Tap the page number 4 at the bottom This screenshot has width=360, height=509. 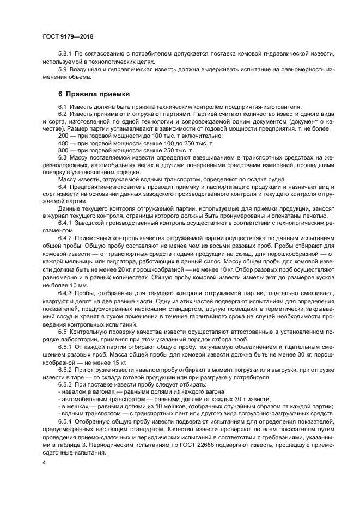(x=44, y=462)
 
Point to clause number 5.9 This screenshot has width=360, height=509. (x=63, y=70)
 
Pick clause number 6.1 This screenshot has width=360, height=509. (x=63, y=106)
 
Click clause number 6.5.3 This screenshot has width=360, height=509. (x=66, y=384)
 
